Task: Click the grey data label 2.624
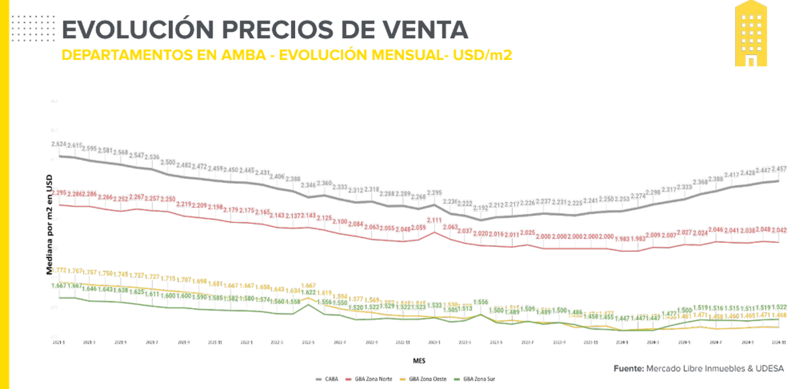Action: pos(59,143)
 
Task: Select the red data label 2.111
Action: pos(434,220)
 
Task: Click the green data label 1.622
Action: pos(308,292)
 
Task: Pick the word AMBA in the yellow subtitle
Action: pos(241,55)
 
